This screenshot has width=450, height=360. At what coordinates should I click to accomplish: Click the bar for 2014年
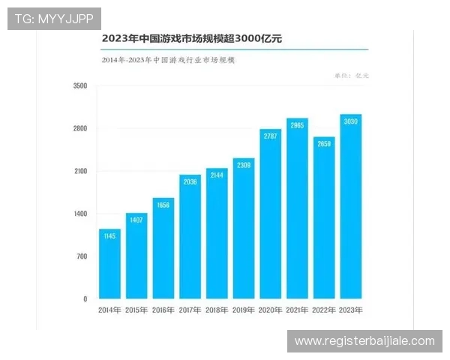(x=109, y=264)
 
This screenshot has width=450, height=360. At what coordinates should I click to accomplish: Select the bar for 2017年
(x=190, y=237)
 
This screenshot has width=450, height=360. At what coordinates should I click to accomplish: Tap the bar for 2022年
(x=324, y=218)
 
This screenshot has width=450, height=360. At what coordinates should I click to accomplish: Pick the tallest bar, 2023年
(x=351, y=207)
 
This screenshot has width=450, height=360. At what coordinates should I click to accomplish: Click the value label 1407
(x=136, y=220)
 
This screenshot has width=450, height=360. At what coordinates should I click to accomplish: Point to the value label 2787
(x=271, y=136)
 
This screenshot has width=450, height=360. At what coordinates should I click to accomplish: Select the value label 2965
(x=297, y=125)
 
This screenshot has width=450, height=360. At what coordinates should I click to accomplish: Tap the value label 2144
(x=217, y=175)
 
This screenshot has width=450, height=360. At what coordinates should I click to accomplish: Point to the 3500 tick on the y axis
(x=80, y=86)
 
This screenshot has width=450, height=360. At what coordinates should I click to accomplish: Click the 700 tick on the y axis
(x=82, y=256)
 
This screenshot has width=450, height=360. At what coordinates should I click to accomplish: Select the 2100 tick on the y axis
(x=80, y=172)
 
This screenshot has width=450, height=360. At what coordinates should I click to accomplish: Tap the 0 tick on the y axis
(x=85, y=299)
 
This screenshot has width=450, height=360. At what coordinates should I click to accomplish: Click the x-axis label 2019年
(x=244, y=310)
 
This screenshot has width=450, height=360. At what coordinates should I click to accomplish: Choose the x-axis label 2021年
(x=297, y=310)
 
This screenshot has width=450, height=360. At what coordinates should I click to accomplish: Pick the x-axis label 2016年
(x=163, y=310)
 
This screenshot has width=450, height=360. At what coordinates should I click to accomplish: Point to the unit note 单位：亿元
(x=352, y=76)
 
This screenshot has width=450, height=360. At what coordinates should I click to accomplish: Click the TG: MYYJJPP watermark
(x=53, y=18)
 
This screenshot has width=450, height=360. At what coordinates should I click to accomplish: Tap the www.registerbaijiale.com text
(x=364, y=341)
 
